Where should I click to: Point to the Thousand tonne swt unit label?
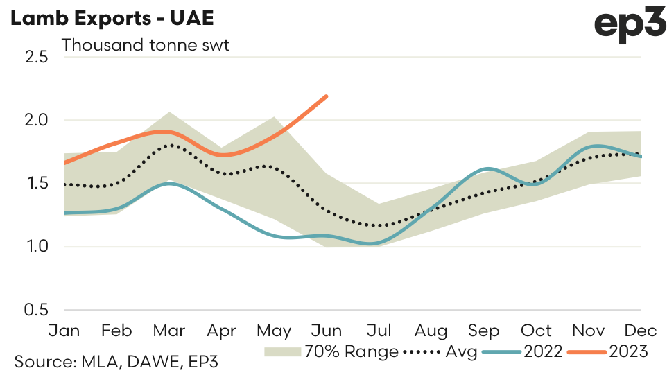[x=146, y=46]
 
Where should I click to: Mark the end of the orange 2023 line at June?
[x=327, y=96]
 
